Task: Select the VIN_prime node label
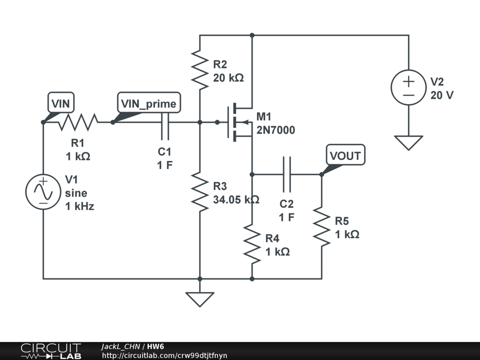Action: pos(149,103)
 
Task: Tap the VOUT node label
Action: pos(345,155)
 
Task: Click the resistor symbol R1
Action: pos(78,122)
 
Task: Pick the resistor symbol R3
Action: pos(200,192)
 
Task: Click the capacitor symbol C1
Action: pos(165,122)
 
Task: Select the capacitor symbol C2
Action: pos(287,174)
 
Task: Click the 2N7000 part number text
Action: pos(276,130)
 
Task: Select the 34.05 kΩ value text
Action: pos(236,200)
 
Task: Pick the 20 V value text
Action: pos(442,95)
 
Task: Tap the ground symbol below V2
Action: pos(408,142)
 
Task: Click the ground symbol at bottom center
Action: pos(200,298)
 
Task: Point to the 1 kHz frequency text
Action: pos(79,206)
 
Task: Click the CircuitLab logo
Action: pos(50,351)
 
